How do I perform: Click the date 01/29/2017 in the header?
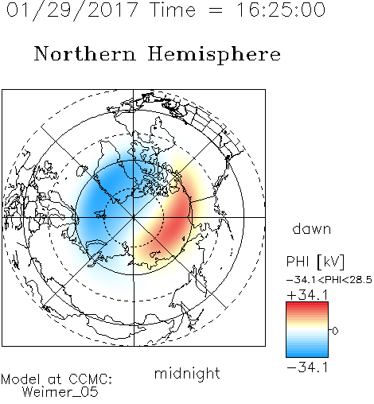pyautogui.click(x=72, y=10)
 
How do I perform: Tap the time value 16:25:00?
pyautogui.click(x=281, y=10)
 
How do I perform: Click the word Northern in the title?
pyautogui.click(x=85, y=53)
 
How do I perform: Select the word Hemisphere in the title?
pyautogui.click(x=214, y=55)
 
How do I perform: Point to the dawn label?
pyautogui.click(x=312, y=228)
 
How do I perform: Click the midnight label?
pyautogui.click(x=187, y=373)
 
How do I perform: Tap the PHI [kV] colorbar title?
pyautogui.click(x=315, y=262)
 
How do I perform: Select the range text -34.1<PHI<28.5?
pyautogui.click(x=329, y=280)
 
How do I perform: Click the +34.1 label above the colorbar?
pyautogui.click(x=308, y=295)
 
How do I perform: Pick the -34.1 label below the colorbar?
pyautogui.click(x=308, y=367)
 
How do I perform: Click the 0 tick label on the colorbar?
pyautogui.click(x=335, y=331)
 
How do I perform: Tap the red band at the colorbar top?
pyautogui.click(x=307, y=307)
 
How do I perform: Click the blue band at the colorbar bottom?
pyautogui.click(x=307, y=352)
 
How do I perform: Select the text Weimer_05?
pyautogui.click(x=60, y=392)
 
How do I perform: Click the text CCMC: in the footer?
pyautogui.click(x=91, y=379)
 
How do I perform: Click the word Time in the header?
pyautogui.click(x=173, y=10)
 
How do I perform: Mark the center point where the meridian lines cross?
pyautogui.click(x=134, y=217)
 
